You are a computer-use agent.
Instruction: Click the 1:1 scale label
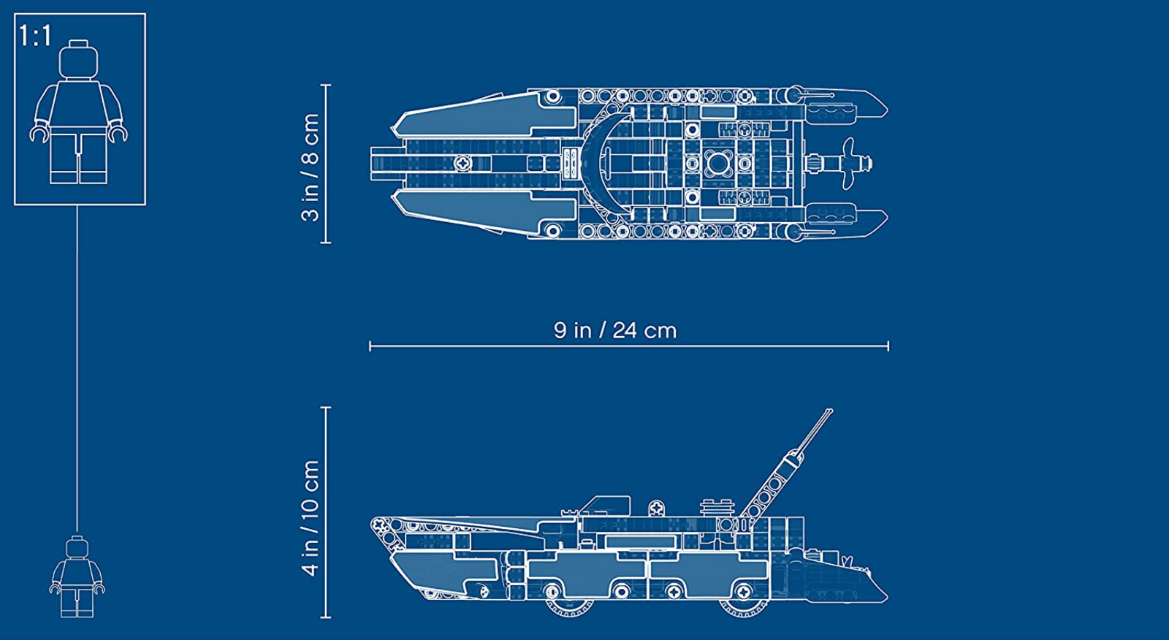click(35, 36)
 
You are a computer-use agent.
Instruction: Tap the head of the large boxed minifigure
click(78, 59)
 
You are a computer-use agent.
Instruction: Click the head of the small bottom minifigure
click(77, 547)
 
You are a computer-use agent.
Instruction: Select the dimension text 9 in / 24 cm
click(614, 330)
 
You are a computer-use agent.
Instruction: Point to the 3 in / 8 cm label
click(310, 167)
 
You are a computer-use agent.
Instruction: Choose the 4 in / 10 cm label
click(310, 518)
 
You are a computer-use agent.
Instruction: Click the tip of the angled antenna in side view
click(831, 411)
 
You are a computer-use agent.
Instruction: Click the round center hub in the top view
click(716, 164)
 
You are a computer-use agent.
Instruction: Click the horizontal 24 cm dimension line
click(629, 346)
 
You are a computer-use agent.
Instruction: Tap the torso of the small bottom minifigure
click(77, 574)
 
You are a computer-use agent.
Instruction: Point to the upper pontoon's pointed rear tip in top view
click(887, 110)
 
